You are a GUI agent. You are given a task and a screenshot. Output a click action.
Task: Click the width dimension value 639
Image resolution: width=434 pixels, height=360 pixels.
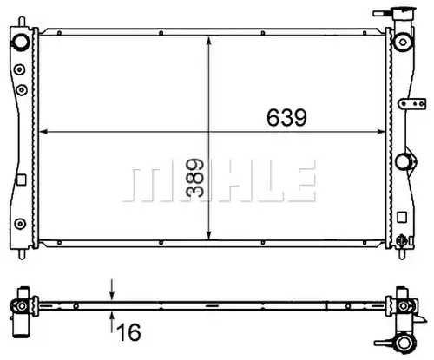(286, 117)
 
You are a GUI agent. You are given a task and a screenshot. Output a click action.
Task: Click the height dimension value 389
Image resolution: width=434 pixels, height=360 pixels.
(195, 178)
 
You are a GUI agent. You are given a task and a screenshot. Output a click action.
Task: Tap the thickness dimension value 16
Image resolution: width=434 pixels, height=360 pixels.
(129, 332)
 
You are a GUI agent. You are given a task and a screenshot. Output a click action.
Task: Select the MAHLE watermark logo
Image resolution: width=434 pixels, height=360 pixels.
(220, 180)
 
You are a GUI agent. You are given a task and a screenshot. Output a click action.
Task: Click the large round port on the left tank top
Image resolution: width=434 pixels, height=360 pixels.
(20, 42)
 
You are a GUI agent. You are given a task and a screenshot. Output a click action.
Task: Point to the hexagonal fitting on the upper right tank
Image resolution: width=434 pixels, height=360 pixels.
(403, 42)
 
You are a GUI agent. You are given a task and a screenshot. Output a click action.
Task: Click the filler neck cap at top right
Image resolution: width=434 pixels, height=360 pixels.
(403, 13)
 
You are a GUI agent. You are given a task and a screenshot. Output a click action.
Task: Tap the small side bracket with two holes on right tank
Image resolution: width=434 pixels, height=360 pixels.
(412, 104)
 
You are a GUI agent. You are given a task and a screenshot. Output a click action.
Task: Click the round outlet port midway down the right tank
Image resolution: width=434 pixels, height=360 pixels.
(403, 161)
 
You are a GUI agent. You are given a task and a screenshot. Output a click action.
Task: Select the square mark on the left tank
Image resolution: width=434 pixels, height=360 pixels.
(22, 180)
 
